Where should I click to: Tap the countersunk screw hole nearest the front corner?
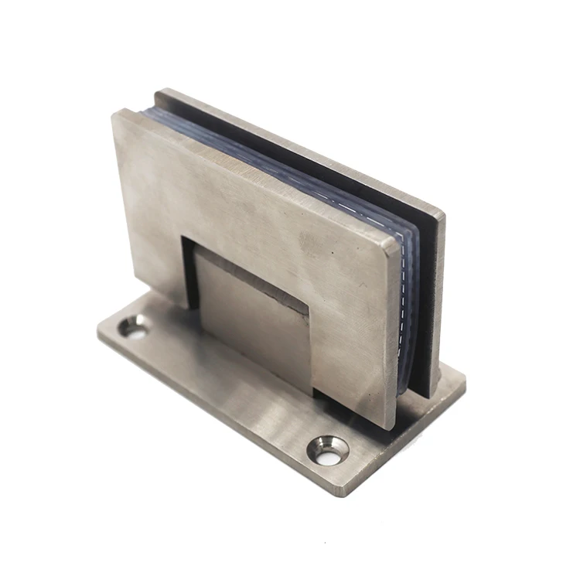[328, 450]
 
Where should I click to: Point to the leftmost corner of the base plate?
[98, 334]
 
